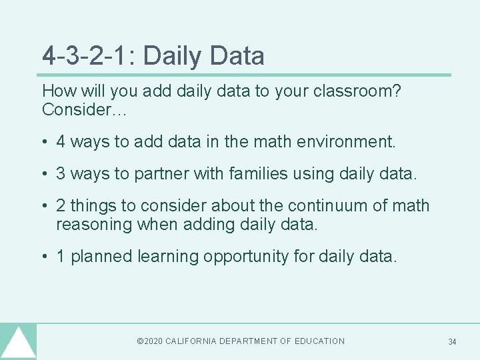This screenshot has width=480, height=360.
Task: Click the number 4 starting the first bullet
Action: [x=61, y=141]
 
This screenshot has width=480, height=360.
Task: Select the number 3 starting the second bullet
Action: [x=61, y=174]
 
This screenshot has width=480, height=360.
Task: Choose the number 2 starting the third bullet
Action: [x=61, y=206]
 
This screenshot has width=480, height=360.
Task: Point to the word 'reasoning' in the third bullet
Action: [x=94, y=224]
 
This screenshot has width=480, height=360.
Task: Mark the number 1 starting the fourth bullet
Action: [x=61, y=257]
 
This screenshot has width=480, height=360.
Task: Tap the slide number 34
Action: [x=452, y=342]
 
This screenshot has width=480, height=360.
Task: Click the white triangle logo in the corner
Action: [x=18, y=344]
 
